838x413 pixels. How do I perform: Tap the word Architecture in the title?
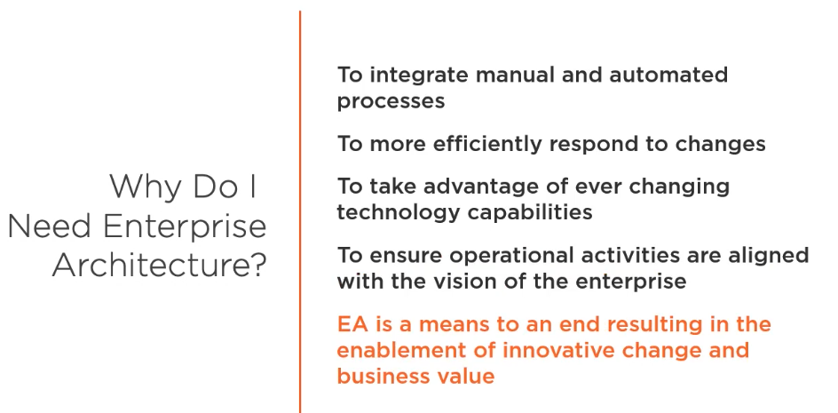[151, 265]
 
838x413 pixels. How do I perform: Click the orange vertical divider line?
[300, 212]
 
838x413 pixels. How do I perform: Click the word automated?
[668, 75]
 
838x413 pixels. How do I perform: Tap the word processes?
[391, 101]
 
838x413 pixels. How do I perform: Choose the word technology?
[399, 212]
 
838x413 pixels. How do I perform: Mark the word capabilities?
[530, 212]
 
